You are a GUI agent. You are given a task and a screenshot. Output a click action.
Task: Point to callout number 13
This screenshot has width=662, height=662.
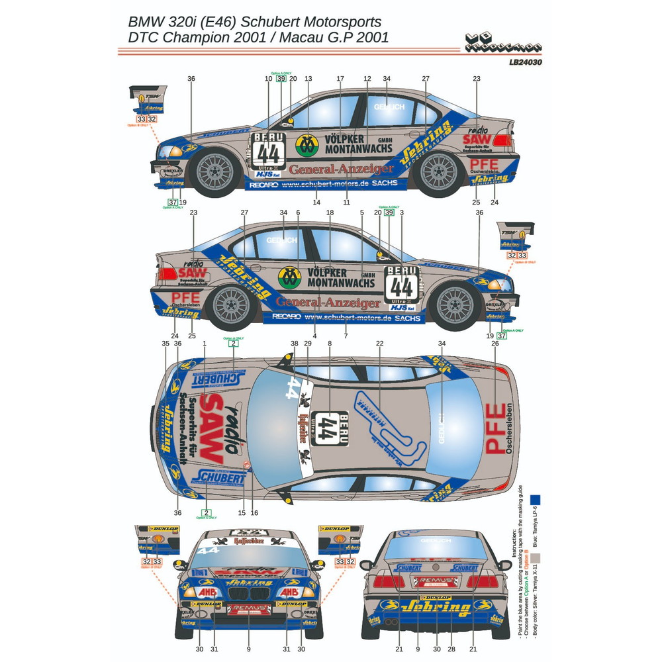(308, 79)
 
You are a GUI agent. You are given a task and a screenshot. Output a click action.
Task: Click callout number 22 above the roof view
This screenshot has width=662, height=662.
(379, 344)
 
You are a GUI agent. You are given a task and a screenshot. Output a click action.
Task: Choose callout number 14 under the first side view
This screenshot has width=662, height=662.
(316, 202)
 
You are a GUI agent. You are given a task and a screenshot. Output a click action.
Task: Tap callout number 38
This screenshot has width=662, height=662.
(294, 344)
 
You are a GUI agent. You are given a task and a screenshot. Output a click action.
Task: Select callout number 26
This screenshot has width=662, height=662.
(495, 344)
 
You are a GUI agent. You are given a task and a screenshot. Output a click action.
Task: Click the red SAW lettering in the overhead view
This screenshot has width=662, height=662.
(212, 427)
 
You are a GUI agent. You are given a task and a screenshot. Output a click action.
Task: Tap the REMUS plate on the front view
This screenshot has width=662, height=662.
(248, 606)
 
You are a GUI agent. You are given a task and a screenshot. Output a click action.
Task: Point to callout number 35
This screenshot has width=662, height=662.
(165, 344)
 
